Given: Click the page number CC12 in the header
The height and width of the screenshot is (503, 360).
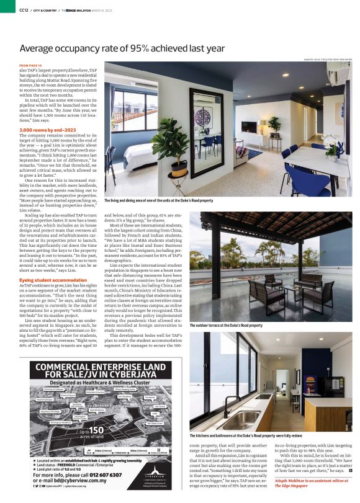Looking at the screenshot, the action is click(x=24, y=10).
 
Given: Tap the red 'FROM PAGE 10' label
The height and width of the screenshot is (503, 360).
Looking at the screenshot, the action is click(x=30, y=65).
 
